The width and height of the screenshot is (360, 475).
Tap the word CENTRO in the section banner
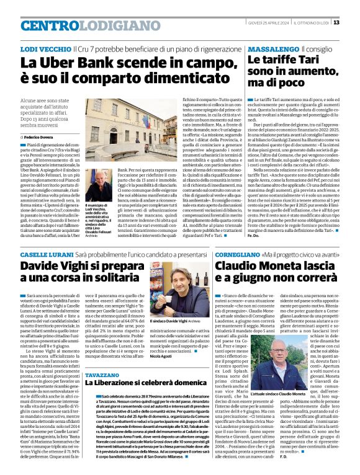click(x=46, y=25)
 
